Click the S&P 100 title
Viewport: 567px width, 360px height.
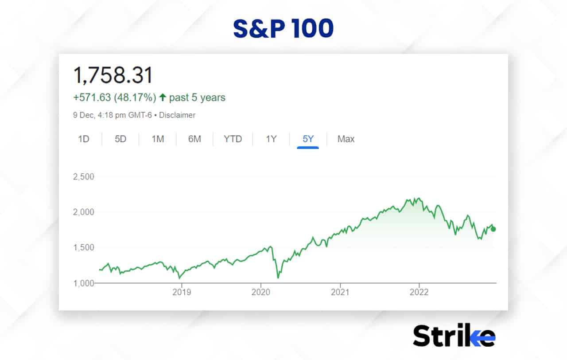[283, 29]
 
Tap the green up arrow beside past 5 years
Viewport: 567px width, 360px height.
[163, 98]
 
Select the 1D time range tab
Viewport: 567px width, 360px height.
[84, 139]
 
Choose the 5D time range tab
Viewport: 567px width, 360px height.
[120, 139]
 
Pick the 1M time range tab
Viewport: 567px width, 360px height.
[158, 139]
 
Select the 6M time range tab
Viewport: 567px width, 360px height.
[194, 139]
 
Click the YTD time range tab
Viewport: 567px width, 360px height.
[233, 139]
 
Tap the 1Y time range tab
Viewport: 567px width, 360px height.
[271, 139]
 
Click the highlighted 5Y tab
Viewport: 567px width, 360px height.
[308, 139]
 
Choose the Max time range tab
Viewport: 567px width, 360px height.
[346, 139]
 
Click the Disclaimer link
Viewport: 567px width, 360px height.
[177, 115]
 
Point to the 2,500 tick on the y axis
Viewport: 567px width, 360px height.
[84, 176]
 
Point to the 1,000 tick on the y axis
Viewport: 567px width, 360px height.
[84, 283]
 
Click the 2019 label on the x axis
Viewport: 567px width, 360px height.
[181, 292]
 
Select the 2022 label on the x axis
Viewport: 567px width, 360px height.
[419, 292]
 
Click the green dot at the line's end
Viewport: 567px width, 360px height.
[493, 229]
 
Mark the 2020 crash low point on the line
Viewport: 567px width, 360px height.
[278, 278]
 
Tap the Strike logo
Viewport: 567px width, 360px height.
[454, 335]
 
